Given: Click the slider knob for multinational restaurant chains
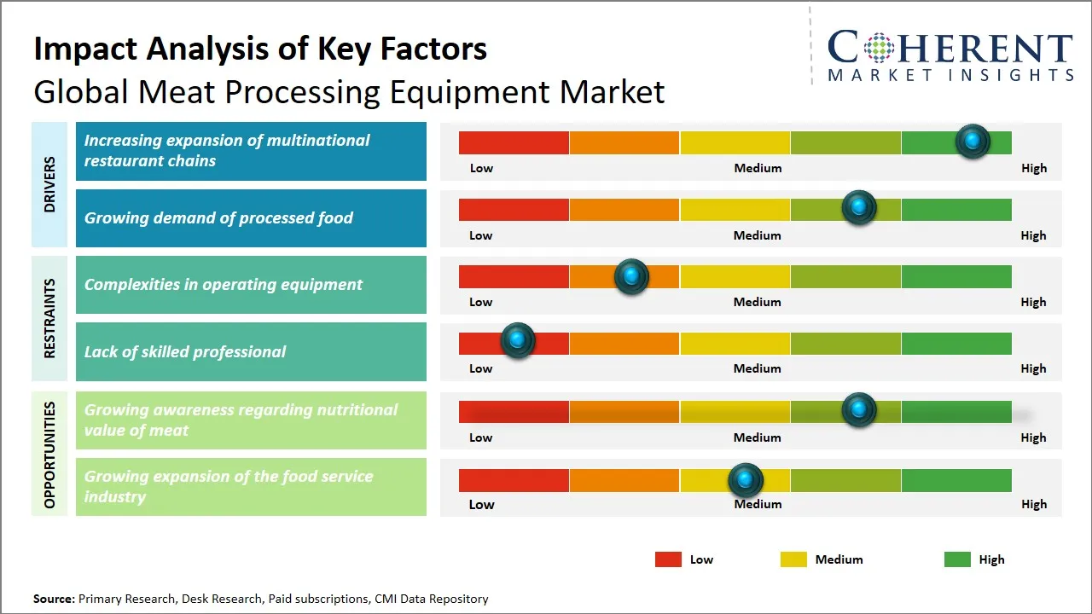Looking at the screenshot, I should (972, 141).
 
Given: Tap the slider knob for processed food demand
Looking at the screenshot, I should (858, 207).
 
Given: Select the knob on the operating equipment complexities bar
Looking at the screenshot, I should (631, 275).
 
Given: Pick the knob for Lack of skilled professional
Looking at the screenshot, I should (517, 340).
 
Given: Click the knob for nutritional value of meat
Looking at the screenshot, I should (858, 409).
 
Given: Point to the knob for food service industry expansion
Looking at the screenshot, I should (746, 480).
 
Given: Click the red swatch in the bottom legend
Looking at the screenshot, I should (668, 559).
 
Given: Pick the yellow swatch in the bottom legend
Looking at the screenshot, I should (793, 559).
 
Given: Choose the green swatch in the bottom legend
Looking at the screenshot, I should (957, 559).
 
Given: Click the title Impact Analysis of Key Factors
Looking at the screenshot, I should (260, 49).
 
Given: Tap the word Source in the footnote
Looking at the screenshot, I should (54, 599).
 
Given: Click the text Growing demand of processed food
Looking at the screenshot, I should (218, 218).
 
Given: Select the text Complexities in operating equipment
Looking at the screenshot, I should (224, 285).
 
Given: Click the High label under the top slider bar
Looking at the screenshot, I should (1033, 168).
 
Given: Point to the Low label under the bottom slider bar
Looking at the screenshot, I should (481, 504).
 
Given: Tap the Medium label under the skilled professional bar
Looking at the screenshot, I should (757, 368).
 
